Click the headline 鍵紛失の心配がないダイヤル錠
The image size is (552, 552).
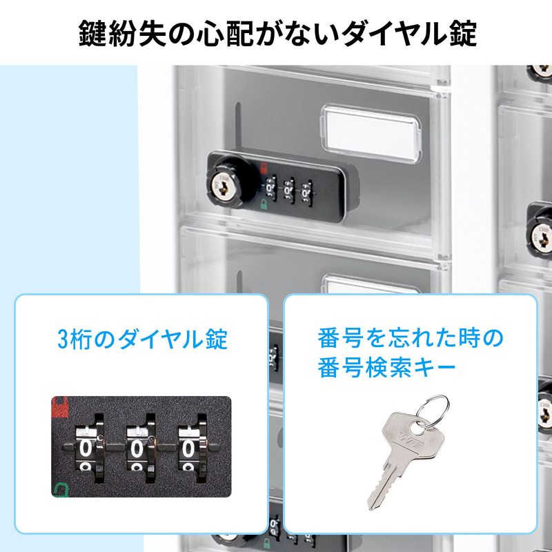(276, 32)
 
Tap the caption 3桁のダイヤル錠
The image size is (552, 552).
(142, 339)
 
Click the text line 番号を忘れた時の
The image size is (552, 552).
(410, 339)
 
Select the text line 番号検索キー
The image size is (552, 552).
(386, 367)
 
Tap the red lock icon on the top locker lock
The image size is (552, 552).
(264, 166)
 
